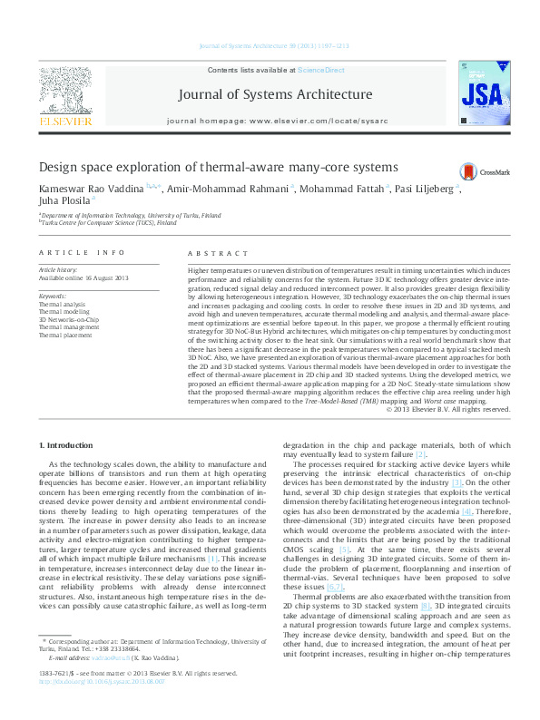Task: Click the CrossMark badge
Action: point(486,170)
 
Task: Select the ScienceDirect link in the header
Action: point(320,70)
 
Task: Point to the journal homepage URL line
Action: point(270,121)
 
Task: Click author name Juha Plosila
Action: point(64,203)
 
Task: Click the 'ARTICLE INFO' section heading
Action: point(82,252)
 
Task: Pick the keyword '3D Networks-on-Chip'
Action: point(67,319)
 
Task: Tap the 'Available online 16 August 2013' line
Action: point(84,277)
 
